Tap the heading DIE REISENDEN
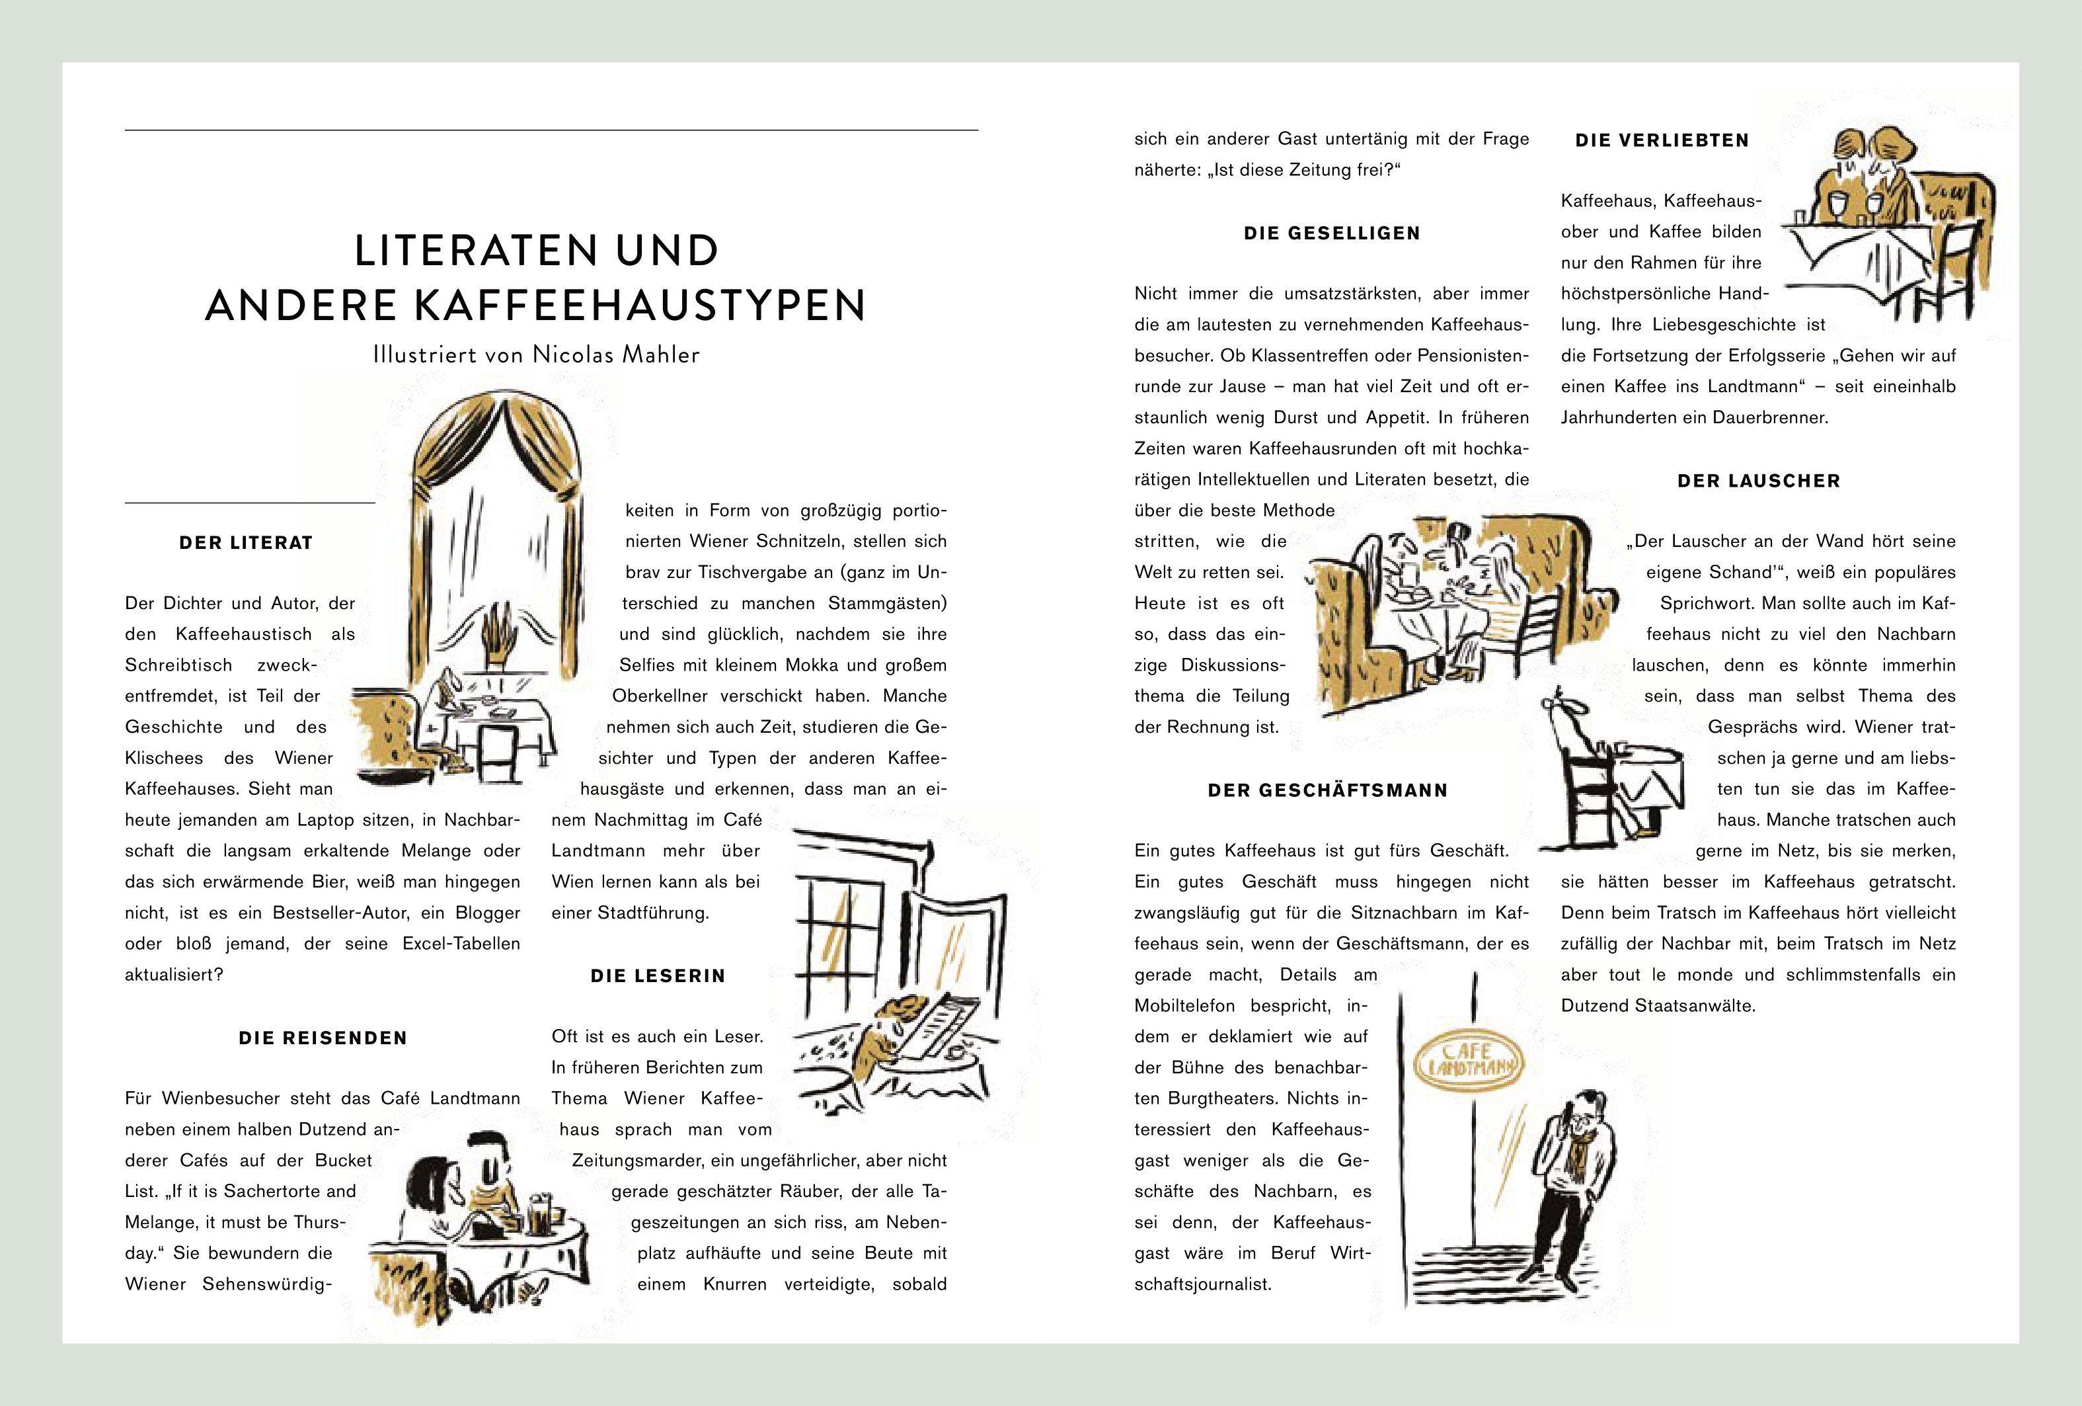323,1038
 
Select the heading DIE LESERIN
658,976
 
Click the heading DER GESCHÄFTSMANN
1328,790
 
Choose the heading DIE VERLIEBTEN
1662,141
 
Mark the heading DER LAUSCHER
1759,481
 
